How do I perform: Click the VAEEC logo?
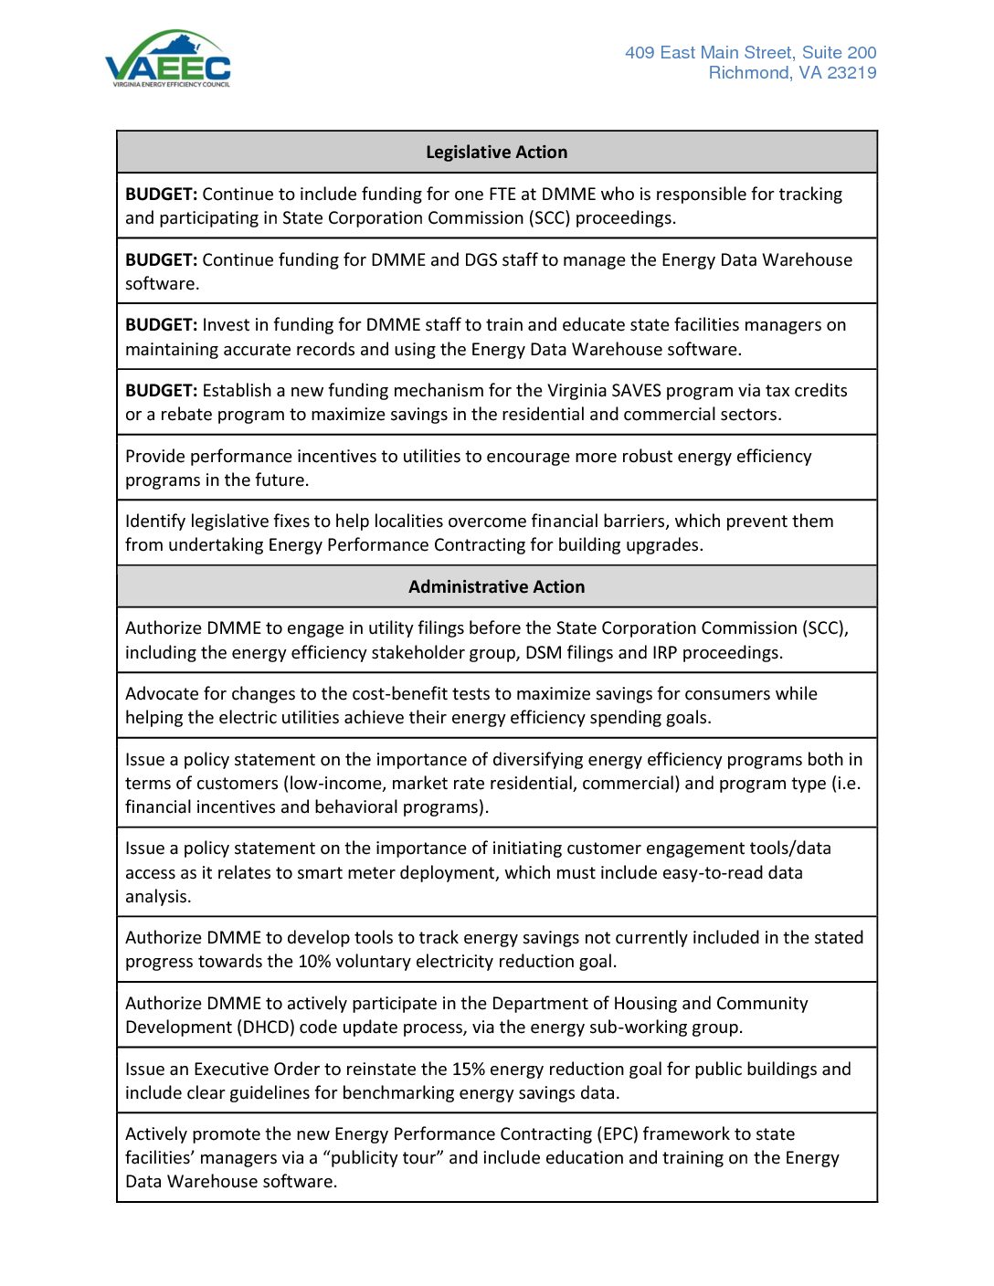tap(168, 59)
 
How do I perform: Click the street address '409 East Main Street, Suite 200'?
tap(750, 53)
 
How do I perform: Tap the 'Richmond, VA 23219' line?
tap(792, 73)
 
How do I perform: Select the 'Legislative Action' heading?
tap(496, 153)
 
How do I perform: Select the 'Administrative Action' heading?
tap(496, 587)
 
